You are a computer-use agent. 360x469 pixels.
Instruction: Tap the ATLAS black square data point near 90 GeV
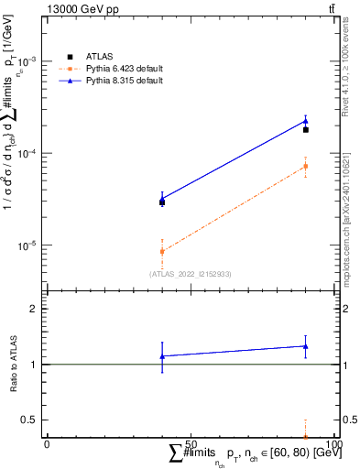click(306, 130)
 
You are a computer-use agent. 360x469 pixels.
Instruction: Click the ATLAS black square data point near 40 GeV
click(162, 202)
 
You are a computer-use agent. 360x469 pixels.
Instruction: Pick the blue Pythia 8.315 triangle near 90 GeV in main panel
click(306, 121)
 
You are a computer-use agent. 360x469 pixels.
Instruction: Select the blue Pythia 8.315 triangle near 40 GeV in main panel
click(162, 199)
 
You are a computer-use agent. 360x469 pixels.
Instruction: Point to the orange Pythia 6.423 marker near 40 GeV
click(162, 251)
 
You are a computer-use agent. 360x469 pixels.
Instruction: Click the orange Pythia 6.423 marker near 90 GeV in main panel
click(306, 166)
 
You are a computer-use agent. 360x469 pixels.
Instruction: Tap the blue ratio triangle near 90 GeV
click(306, 346)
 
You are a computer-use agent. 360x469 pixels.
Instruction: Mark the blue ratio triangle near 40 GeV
click(162, 355)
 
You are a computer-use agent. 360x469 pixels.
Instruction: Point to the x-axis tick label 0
click(48, 444)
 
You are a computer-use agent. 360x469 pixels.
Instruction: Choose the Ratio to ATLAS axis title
click(15, 364)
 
